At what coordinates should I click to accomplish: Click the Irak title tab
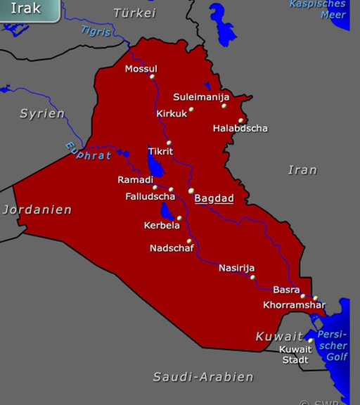(x=27, y=10)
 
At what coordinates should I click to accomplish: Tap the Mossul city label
(x=141, y=68)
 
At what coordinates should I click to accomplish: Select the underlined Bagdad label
(x=214, y=199)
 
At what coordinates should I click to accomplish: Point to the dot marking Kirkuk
(x=191, y=109)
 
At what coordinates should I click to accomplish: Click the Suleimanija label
(x=201, y=97)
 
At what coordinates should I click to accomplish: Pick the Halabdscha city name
(x=240, y=129)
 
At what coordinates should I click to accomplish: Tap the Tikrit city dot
(x=169, y=143)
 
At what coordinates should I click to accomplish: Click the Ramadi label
(x=135, y=180)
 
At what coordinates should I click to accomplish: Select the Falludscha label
(x=150, y=196)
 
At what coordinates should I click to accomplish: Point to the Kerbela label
(x=162, y=225)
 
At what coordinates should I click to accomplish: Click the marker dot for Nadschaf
(x=189, y=241)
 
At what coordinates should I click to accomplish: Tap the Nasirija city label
(x=236, y=268)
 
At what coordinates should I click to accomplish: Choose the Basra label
(x=286, y=290)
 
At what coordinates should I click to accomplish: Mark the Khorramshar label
(x=294, y=305)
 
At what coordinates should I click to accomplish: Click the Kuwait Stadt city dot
(x=311, y=341)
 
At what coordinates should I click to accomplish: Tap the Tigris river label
(x=96, y=30)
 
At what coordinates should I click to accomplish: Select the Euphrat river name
(x=88, y=151)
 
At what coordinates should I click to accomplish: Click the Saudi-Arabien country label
(x=203, y=377)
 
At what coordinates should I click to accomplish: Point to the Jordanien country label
(x=37, y=210)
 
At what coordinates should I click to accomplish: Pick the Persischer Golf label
(x=336, y=346)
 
